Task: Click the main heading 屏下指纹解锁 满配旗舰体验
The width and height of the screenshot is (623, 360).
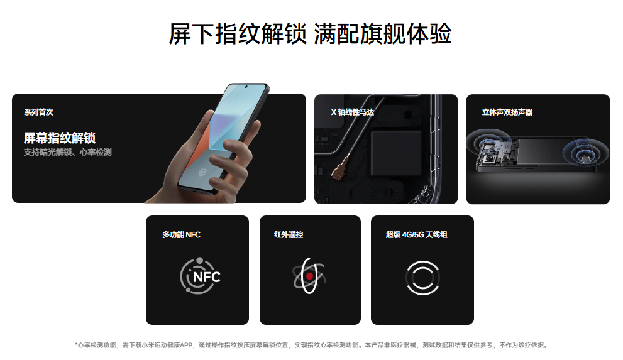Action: pyautogui.click(x=311, y=34)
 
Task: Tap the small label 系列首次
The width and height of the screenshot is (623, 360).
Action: pyautogui.click(x=38, y=112)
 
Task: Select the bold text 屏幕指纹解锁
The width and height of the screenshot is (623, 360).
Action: pyautogui.click(x=60, y=138)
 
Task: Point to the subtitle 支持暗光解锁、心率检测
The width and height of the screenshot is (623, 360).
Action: pyautogui.click(x=67, y=152)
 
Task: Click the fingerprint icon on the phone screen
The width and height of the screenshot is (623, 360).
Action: pyautogui.click(x=202, y=172)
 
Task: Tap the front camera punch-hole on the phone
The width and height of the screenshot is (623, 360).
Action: pyautogui.click(x=246, y=87)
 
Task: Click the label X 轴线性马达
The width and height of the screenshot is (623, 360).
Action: pyautogui.click(x=353, y=112)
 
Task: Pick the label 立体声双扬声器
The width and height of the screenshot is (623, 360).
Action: pyautogui.click(x=507, y=112)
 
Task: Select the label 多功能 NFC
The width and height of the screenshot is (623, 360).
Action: pyautogui.click(x=181, y=234)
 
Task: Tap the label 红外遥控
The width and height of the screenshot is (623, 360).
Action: pyautogui.click(x=289, y=234)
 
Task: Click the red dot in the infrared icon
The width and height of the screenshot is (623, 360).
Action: pyautogui.click(x=309, y=276)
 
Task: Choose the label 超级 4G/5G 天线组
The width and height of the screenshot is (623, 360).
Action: pyautogui.click(x=416, y=234)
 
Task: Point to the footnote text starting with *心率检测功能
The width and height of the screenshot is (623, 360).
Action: pyautogui.click(x=311, y=345)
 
